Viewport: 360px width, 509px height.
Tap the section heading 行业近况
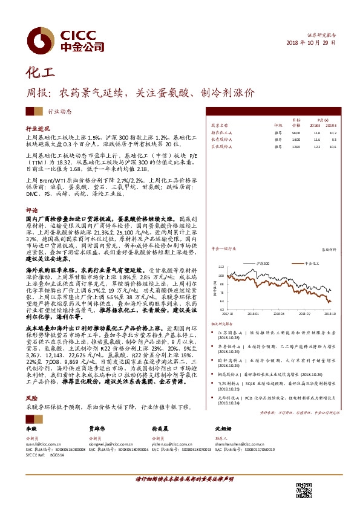(x=36, y=129)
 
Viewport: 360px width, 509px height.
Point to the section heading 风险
(x=31, y=398)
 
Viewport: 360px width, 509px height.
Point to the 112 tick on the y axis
(x=221, y=266)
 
